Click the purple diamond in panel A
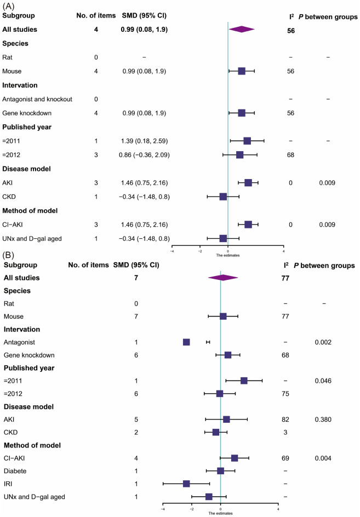(x=241, y=29)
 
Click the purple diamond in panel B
(x=223, y=278)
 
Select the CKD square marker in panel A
(x=223, y=197)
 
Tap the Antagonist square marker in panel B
(x=186, y=342)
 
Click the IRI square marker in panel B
(x=186, y=484)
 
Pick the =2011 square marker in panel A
(x=247, y=141)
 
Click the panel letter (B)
(x=9, y=254)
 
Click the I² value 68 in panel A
(x=290, y=155)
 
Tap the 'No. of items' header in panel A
(x=95, y=17)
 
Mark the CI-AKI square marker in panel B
(x=235, y=458)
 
